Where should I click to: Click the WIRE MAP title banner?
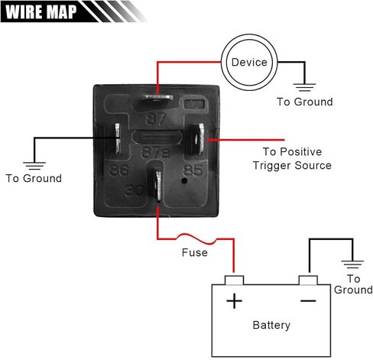pos(74,11)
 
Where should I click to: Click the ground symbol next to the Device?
pos(304,87)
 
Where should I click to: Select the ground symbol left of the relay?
pos(34,166)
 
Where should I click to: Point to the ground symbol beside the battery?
pos(352,264)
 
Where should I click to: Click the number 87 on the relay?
pos(156,118)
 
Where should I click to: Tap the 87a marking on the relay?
pos(155,152)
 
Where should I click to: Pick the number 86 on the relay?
pos(119,170)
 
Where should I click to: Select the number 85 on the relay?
pos(193,170)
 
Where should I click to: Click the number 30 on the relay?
pos(134,190)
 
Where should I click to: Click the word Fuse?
pos(195,253)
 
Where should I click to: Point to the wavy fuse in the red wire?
pos(196,238)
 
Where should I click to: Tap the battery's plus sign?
pos(234,301)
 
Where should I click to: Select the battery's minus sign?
pos(308,301)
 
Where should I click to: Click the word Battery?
pos(271,325)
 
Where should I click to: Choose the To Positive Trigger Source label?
pos(292,158)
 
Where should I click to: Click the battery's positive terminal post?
pos(234,281)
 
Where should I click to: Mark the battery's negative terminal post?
pos(308,281)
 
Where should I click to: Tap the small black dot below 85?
pos(184,181)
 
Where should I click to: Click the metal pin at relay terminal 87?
pos(157,98)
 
